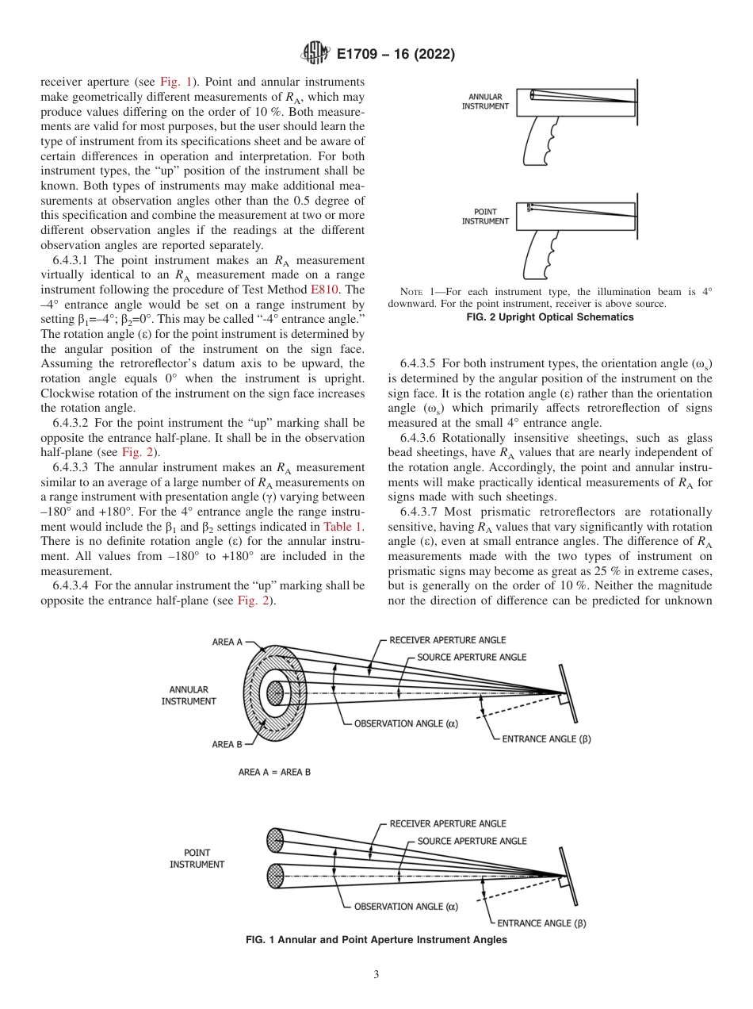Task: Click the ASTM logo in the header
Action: point(315,55)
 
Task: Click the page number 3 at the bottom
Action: point(376,974)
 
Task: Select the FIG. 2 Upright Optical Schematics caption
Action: point(550,317)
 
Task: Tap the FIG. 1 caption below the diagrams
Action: point(376,940)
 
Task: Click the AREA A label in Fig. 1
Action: point(227,642)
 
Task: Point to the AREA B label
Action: point(227,744)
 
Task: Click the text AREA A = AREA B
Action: point(274,772)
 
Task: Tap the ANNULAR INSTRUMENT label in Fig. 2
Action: point(485,102)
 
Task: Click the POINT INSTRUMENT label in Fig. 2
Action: point(485,217)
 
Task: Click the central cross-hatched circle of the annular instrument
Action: point(275,693)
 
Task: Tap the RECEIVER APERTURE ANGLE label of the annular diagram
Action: point(447,640)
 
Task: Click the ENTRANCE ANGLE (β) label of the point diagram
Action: point(541,923)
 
